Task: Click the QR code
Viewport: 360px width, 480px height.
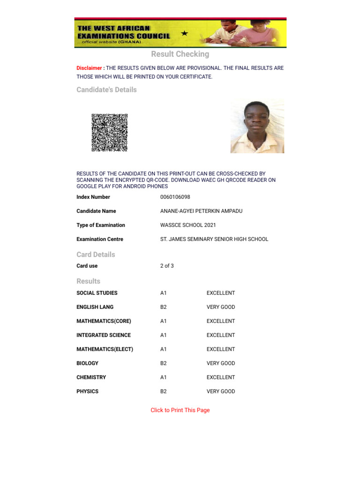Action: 109,133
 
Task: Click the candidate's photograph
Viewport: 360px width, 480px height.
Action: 257,126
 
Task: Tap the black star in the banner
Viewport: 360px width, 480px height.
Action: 184,33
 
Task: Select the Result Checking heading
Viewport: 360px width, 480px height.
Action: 180,54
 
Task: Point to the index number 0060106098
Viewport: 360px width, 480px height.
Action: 175,197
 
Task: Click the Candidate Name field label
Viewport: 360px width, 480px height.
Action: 96,211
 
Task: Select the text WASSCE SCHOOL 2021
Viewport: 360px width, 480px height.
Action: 188,225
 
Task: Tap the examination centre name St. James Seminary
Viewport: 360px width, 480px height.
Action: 214,240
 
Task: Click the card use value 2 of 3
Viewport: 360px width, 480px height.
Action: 167,266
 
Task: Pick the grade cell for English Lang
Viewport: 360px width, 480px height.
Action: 164,307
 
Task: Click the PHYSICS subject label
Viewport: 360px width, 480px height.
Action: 88,392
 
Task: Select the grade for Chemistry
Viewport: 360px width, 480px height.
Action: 164,378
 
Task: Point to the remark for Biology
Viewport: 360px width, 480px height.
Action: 221,364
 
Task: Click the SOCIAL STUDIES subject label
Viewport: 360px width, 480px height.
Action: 97,293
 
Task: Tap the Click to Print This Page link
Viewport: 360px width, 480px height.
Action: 180,411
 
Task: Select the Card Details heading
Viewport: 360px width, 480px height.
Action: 96,255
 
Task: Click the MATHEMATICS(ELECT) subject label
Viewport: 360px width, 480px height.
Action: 105,350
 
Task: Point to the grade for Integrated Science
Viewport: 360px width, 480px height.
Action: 164,336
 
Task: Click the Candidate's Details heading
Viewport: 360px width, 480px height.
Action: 106,90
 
